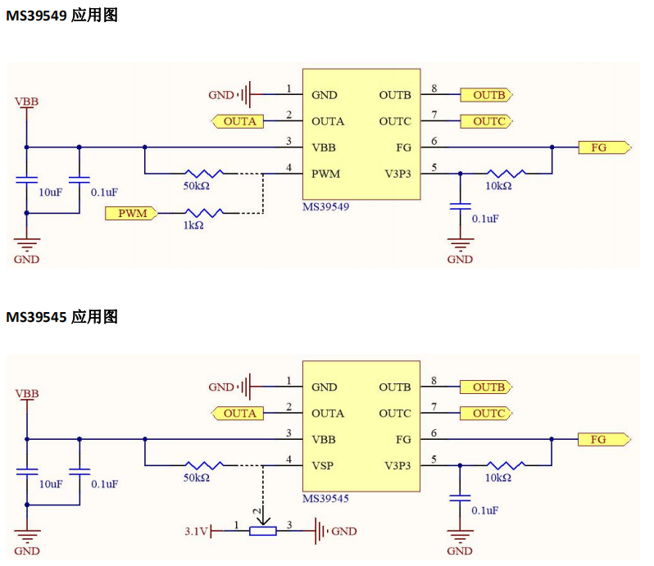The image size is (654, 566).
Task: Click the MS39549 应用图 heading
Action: (62, 16)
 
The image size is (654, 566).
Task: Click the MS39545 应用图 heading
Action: (62, 317)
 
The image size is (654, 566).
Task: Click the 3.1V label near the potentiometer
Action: (196, 532)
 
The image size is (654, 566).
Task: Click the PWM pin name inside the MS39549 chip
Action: (326, 174)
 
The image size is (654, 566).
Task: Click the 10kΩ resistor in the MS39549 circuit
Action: (506, 174)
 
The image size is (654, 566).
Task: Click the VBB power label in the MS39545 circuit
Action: (26, 394)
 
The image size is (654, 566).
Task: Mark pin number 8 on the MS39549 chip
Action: (434, 88)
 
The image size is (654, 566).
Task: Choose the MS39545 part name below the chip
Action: (326, 499)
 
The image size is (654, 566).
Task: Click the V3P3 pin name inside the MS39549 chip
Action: (397, 174)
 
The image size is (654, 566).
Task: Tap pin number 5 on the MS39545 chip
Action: (434, 459)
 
